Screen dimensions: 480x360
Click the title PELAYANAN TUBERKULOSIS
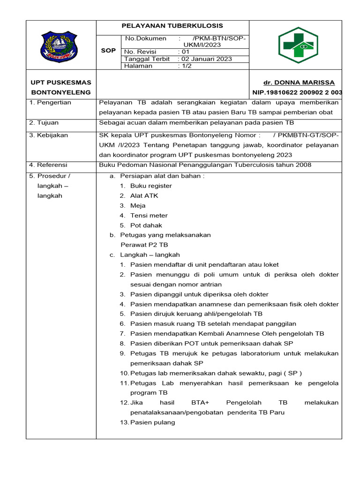pyautogui.click(x=172, y=26)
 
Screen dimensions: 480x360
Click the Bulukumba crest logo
pyautogui.click(x=61, y=47)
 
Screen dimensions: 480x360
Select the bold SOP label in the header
pyautogui.click(x=108, y=51)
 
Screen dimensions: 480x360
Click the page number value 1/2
pyautogui.click(x=186, y=66)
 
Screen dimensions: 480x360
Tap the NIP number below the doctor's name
pyautogui.click(x=297, y=92)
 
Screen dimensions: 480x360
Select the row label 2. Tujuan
pyautogui.click(x=44, y=123)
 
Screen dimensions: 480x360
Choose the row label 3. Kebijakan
pyautogui.click(x=48, y=135)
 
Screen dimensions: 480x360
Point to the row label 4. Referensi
pyautogui.click(x=48, y=165)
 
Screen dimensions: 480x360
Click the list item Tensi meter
pyautogui.click(x=149, y=216)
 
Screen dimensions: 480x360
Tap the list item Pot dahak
pyautogui.click(x=146, y=225)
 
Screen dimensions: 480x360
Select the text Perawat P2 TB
pyautogui.click(x=144, y=245)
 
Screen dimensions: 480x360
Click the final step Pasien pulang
pyautogui.click(x=152, y=422)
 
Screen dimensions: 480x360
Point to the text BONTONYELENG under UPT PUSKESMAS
pyautogui.click(x=61, y=92)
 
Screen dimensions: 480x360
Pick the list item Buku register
pyautogui.click(x=151, y=186)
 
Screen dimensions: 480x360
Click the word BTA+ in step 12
pyautogui.click(x=201, y=403)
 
